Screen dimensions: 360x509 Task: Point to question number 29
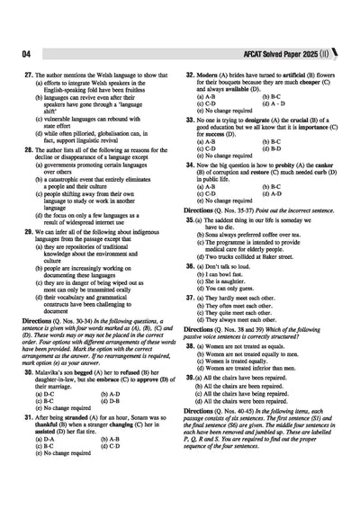(28, 231)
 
